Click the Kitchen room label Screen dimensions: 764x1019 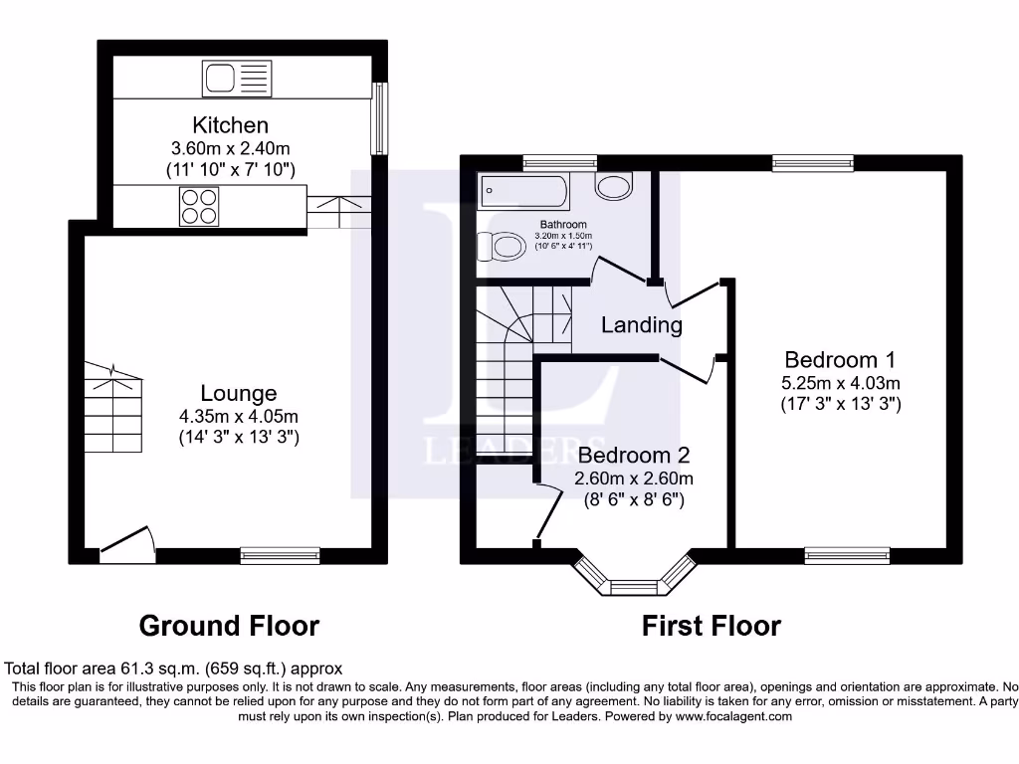[x=230, y=125]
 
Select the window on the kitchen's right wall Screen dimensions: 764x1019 [x=378, y=118]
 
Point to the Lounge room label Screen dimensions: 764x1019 [x=238, y=393]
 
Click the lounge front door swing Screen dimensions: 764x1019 [x=128, y=542]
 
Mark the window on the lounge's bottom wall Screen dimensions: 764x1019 [x=280, y=555]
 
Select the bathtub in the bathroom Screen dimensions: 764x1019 [x=523, y=190]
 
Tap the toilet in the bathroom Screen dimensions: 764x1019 [x=501, y=246]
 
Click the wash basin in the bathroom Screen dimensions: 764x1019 [x=614, y=185]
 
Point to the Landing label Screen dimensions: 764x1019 [x=642, y=324]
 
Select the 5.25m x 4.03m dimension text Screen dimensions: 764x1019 [x=840, y=383]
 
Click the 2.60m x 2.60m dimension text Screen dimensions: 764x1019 [x=634, y=478]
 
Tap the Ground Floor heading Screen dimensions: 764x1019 [x=229, y=626]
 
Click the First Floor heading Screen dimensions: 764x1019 [x=711, y=626]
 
